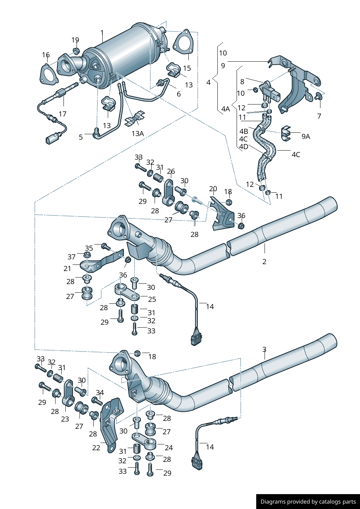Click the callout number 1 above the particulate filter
[x=102, y=33]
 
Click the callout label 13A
[x=138, y=134]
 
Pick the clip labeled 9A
[x=286, y=134]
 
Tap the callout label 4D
[x=244, y=147]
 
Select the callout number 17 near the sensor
[x=62, y=114]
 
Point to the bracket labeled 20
[x=222, y=214]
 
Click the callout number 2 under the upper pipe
[x=264, y=262]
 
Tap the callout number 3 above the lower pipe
[x=264, y=349]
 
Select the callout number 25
[x=152, y=299]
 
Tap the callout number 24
[x=169, y=448]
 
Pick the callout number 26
[x=171, y=171]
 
